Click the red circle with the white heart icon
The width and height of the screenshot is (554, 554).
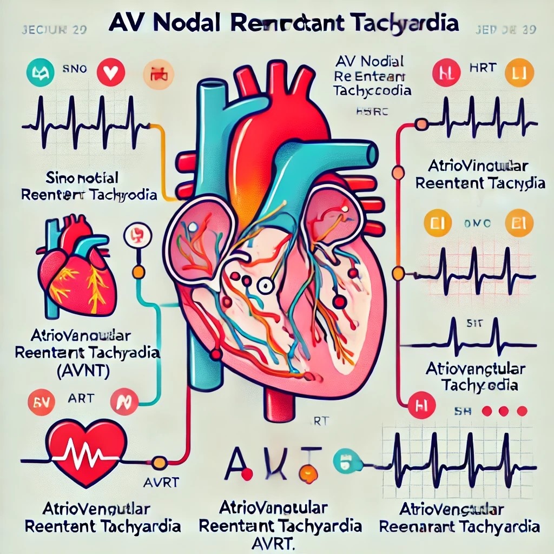[x=113, y=73]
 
